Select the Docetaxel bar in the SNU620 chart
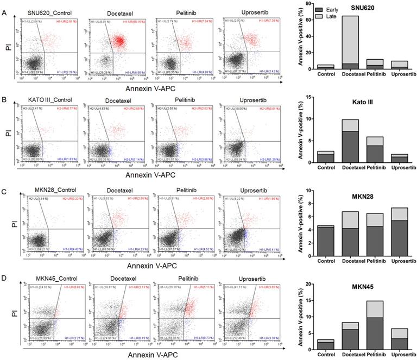coord(349,43)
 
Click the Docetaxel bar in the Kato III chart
coord(349,141)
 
